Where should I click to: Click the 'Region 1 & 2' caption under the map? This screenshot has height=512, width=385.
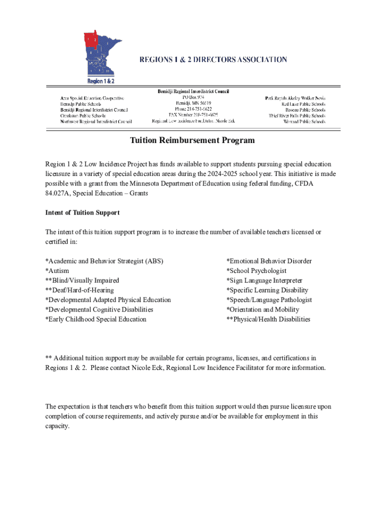click(101, 81)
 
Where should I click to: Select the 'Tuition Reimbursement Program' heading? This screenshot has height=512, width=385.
click(192, 140)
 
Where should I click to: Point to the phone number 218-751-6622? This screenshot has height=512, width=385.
click(192, 109)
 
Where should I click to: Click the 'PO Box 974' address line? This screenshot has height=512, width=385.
click(193, 97)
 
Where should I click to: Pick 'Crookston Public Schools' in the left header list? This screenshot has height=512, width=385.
click(83, 115)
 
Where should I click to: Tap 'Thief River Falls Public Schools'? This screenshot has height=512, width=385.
click(297, 115)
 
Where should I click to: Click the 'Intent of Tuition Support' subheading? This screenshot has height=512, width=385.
click(82, 212)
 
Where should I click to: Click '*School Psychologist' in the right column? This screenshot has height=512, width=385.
click(256, 271)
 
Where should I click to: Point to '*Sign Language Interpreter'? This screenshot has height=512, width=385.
click(264, 280)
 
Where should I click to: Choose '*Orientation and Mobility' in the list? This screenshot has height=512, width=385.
click(263, 309)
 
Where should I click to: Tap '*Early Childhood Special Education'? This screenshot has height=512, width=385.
click(96, 319)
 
